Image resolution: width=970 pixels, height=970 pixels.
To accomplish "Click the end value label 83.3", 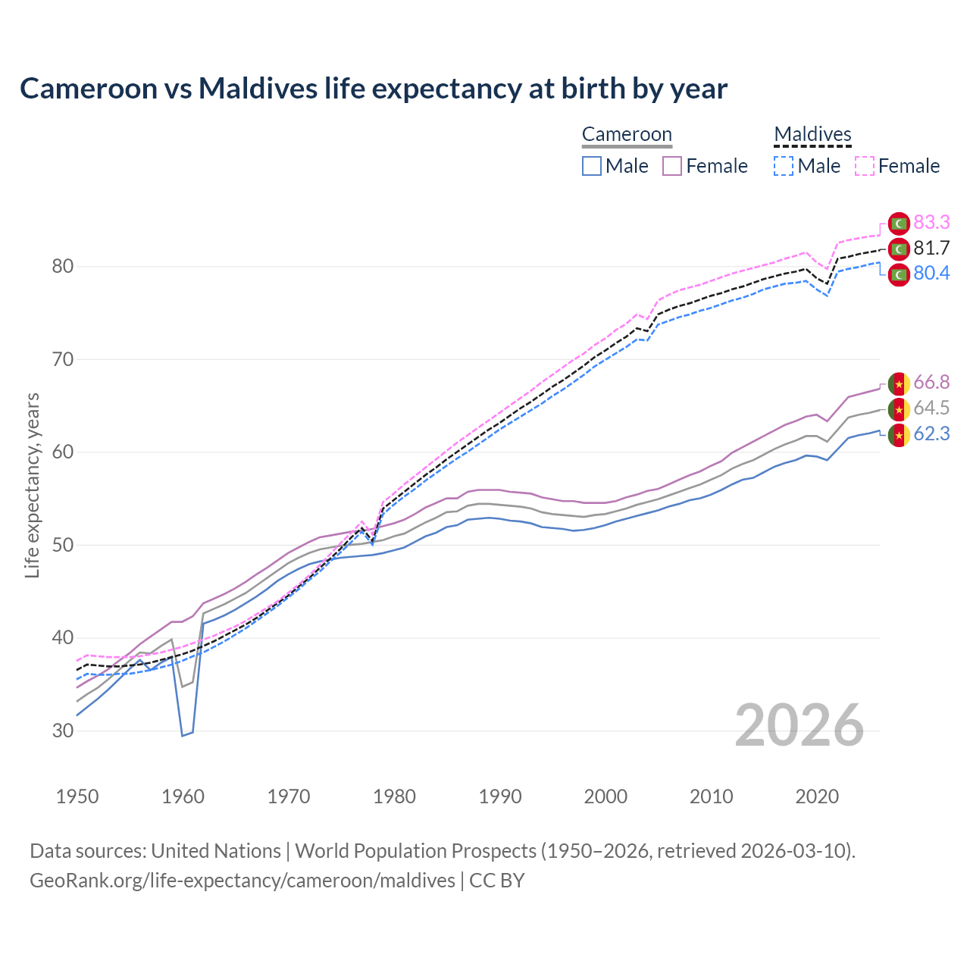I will click(x=931, y=223).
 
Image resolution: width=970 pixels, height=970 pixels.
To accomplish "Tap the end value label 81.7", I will click(x=931, y=249).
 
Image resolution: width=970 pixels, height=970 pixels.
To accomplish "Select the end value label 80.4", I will click(x=931, y=274).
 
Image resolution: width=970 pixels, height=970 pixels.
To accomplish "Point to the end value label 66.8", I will click(x=931, y=383).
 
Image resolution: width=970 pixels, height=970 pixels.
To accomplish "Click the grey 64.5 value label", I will click(x=931, y=408).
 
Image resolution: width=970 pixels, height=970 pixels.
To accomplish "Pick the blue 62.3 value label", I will click(x=931, y=434).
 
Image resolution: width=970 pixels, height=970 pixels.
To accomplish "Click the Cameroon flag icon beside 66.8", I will click(x=899, y=384).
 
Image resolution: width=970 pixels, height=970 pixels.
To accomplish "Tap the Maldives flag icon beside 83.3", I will click(x=899, y=224).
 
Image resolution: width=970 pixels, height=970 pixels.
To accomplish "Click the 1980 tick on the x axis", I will click(x=395, y=796).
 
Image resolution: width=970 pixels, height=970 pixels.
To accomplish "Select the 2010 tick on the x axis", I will click(x=712, y=796).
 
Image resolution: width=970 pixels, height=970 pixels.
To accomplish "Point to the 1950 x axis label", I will click(x=77, y=796).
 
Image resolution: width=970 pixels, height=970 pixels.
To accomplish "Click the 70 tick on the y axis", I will click(x=63, y=359).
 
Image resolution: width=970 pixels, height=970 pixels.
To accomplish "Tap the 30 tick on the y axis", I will click(x=63, y=731).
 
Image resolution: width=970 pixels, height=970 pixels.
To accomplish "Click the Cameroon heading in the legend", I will click(x=627, y=135).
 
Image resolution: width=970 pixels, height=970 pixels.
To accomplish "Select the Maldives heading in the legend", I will click(x=812, y=135).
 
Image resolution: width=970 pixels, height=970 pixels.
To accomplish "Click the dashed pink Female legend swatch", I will click(x=865, y=166).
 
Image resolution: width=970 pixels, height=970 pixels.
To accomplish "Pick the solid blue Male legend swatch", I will click(x=592, y=166).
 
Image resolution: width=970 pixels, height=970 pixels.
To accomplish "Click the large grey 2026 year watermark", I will click(x=799, y=725).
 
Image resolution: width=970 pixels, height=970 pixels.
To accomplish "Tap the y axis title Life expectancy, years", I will click(x=33, y=485).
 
